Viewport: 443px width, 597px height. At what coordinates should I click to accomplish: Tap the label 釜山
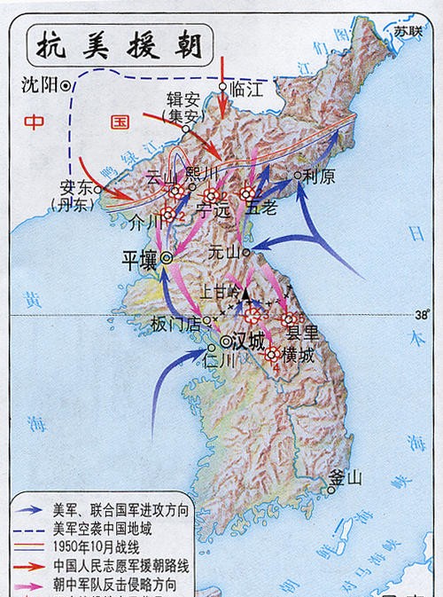pyautogui.click(x=346, y=479)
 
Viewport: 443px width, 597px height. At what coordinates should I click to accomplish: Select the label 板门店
pyautogui.click(x=175, y=320)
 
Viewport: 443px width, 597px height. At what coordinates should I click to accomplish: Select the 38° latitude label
pyautogui.click(x=421, y=313)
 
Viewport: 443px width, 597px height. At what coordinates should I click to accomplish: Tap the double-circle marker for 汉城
pyautogui.click(x=227, y=340)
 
